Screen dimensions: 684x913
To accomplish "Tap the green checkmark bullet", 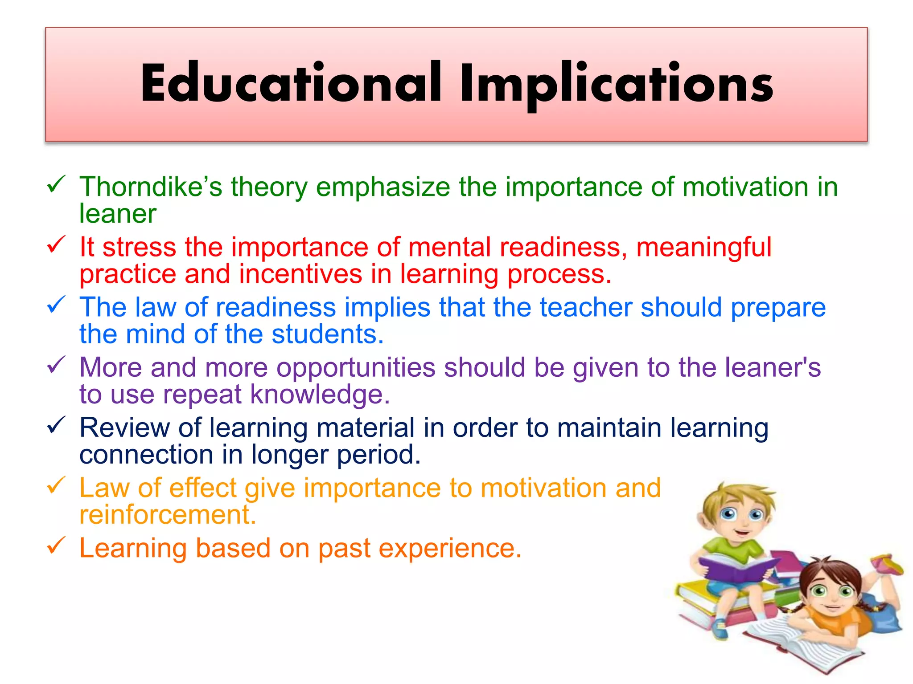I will coord(56,184).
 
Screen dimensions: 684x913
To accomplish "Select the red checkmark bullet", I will coord(56,244).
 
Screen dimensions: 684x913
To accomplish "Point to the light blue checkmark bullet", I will coord(56,305).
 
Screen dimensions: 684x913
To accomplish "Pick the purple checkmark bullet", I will coord(56,365).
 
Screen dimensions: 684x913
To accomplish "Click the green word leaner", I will coord(118,214).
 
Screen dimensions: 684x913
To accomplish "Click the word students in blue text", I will coord(327,334).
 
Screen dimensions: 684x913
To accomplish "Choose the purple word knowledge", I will coord(319,395).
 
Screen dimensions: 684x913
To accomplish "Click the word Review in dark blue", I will coord(125,427).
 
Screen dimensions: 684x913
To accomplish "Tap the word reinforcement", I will coord(168,515).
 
